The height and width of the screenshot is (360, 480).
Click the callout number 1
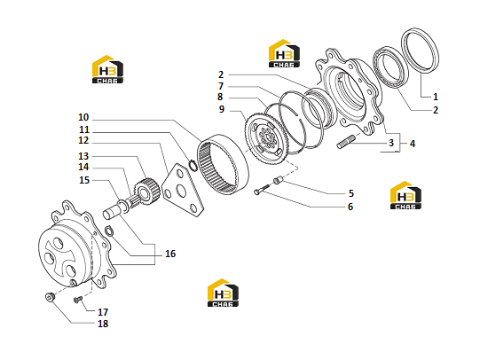pyautogui.click(x=436, y=97)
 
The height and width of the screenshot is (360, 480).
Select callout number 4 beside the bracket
pyautogui.click(x=413, y=144)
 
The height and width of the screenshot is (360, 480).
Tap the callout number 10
pyautogui.click(x=83, y=117)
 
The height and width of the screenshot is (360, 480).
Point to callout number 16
pyautogui.click(x=170, y=254)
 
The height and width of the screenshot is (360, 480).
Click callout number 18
pyautogui.click(x=103, y=324)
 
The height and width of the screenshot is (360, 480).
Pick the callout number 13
pyautogui.click(x=83, y=156)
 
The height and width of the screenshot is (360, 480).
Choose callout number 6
pyautogui.click(x=350, y=207)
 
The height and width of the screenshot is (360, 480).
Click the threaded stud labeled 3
pyautogui.click(x=346, y=143)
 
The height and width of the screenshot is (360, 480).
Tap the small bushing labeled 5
pyautogui.click(x=277, y=181)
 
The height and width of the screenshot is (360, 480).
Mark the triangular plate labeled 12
pyautogui.click(x=183, y=191)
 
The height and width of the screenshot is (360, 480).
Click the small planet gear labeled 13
pyautogui.click(x=147, y=192)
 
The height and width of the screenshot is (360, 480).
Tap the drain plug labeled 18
pyautogui.click(x=50, y=297)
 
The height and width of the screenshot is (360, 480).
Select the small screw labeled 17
pyautogui.click(x=78, y=300)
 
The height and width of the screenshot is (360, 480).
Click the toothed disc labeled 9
pyautogui.click(x=265, y=138)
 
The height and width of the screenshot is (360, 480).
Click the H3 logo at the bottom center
pyautogui.click(x=224, y=293)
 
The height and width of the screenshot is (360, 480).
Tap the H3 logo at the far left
pyautogui.click(x=107, y=69)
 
